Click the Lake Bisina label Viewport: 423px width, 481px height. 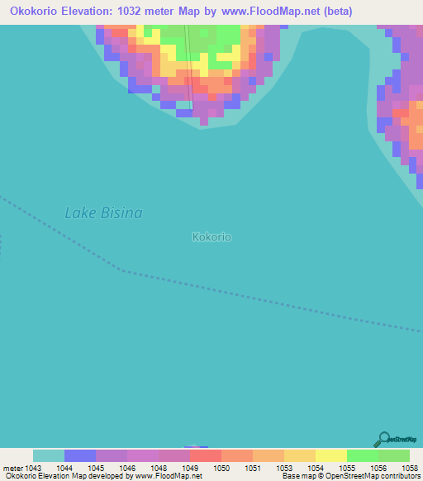[103, 213]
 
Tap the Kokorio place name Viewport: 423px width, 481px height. [211, 237]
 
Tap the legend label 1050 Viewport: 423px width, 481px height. [222, 469]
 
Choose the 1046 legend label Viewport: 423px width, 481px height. [126, 469]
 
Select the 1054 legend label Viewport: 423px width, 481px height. [315, 469]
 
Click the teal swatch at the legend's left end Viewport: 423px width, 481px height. [49, 455]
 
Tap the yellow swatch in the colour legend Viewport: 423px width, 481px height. [330, 455]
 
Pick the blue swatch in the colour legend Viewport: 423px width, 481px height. [80, 455]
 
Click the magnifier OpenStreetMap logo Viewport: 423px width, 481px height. [383, 439]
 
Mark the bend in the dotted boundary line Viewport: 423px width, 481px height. [122, 270]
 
